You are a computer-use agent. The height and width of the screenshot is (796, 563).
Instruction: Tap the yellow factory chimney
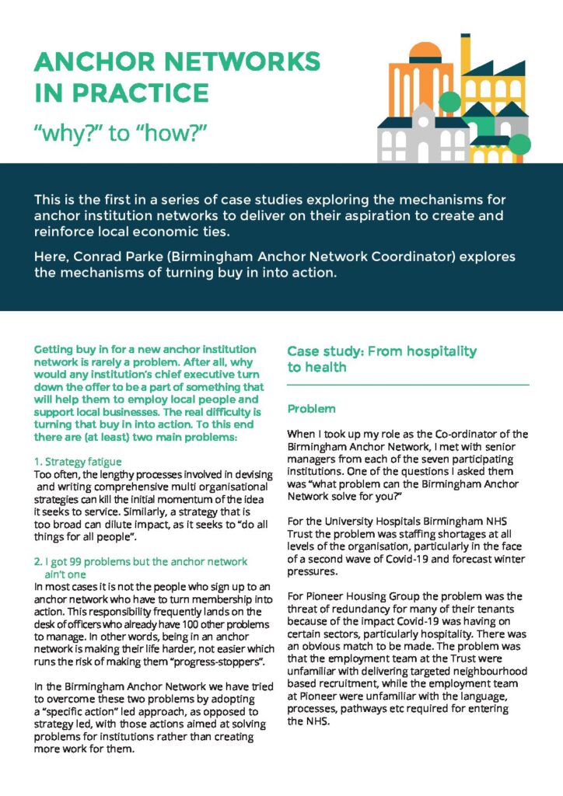tap(465, 54)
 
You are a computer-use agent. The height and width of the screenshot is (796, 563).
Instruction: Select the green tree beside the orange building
tap(450, 102)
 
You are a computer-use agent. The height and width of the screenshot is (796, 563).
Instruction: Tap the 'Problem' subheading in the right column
tap(311, 408)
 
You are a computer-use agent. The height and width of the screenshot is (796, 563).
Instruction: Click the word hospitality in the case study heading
tap(439, 351)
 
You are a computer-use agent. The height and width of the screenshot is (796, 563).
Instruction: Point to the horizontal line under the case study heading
tap(407, 385)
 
